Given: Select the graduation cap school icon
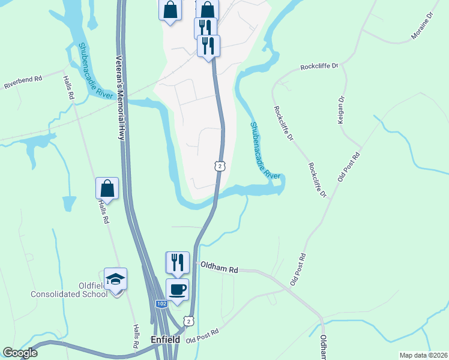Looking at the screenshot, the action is pos(115,280).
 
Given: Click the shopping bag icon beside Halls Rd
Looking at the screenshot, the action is pos(107,188).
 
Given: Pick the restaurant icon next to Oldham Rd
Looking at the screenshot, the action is pos(177,263).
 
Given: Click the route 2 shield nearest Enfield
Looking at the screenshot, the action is pos(190,322).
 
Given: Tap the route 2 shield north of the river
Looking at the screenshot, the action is pos(220,166).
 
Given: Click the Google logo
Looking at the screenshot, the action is pos(20,353).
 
